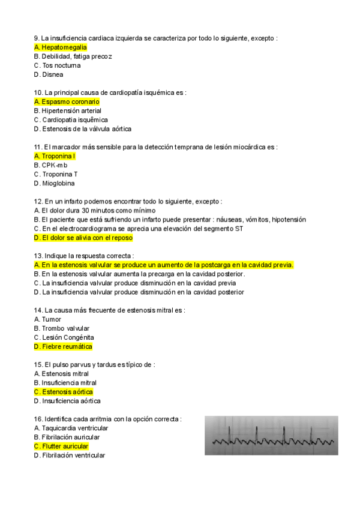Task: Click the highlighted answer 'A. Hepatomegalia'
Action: (x=61, y=47)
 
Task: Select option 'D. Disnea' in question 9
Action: (x=49, y=74)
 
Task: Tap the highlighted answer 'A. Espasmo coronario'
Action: (x=67, y=101)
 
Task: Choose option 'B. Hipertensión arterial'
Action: (x=68, y=110)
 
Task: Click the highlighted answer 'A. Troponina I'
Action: (x=55, y=156)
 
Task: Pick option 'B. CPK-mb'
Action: (x=51, y=165)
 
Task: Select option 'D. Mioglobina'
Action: (x=55, y=183)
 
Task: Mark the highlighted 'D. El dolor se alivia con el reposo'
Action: (x=83, y=238)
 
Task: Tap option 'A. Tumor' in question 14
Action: (x=48, y=319)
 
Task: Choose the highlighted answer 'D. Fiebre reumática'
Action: (x=64, y=346)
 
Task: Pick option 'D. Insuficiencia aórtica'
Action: (x=67, y=401)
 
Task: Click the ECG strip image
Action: (x=271, y=435)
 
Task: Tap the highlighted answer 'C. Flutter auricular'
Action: (x=61, y=447)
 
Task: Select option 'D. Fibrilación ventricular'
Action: (x=70, y=456)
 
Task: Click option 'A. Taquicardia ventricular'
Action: (x=71, y=428)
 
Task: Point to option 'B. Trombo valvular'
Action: (x=62, y=328)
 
